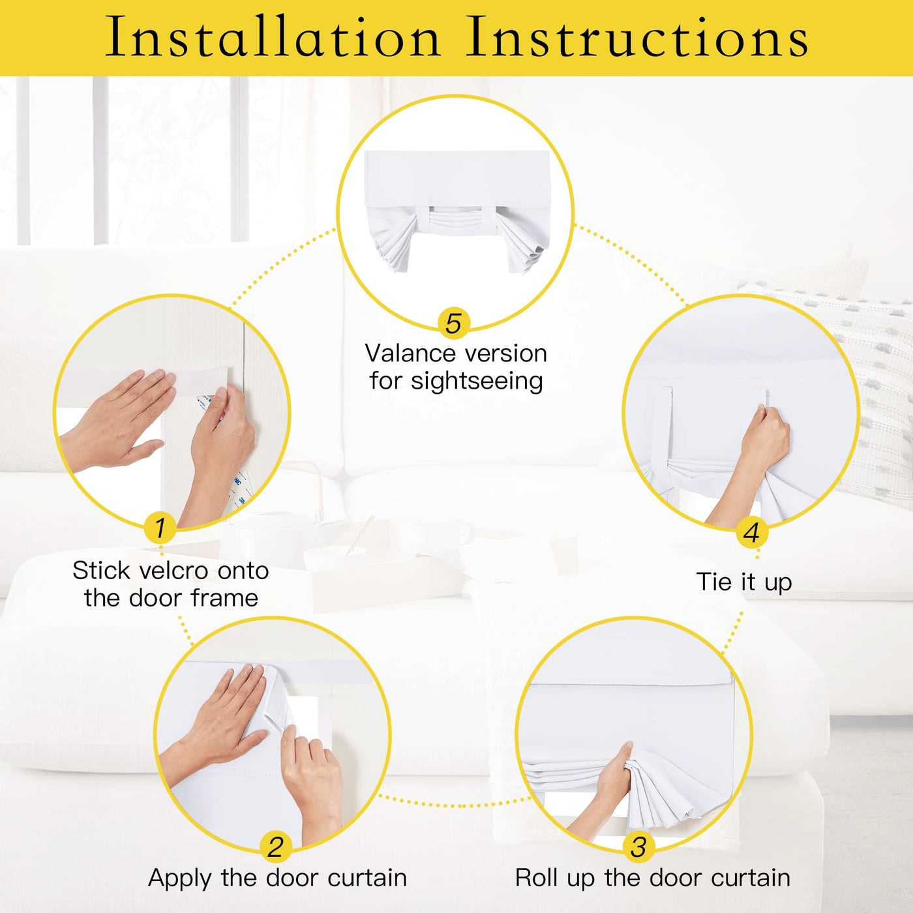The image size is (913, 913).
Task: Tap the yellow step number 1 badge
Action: [x=160, y=528]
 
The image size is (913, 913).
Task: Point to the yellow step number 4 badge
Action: [x=751, y=533]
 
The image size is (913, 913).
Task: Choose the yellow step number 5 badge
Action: [x=453, y=323]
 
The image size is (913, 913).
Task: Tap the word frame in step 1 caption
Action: [x=225, y=598]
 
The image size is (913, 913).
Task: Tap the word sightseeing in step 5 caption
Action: [x=477, y=382]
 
